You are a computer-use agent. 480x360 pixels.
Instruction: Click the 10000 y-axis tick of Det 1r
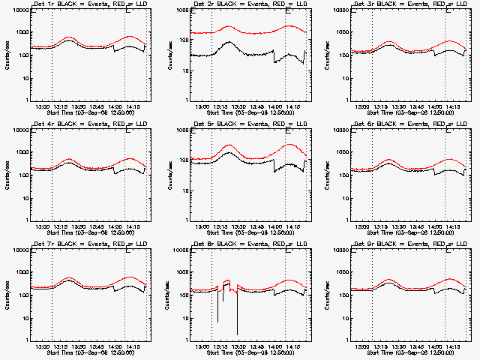[x=16, y=10]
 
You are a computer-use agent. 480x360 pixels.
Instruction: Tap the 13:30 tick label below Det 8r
[x=239, y=346]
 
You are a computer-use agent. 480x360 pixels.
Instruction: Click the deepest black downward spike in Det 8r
[x=237, y=333]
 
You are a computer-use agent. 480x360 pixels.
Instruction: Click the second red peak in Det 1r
[x=130, y=36]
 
